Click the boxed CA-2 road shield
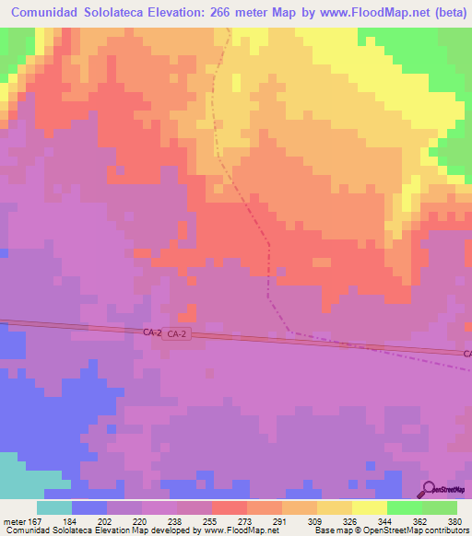point(177,335)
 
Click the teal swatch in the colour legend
point(54,507)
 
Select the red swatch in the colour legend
point(229,507)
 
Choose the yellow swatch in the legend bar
point(369,507)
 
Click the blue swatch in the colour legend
point(89,507)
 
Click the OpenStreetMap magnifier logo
point(429,489)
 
